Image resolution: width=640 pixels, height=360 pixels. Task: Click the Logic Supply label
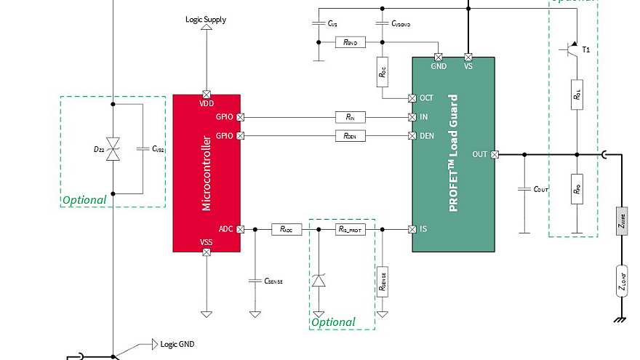pos(206,20)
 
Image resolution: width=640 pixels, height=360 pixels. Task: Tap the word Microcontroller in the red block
pos(206,172)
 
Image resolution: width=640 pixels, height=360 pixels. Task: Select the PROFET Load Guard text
pos(453,153)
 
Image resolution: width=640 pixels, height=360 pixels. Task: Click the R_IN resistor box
pos(351,116)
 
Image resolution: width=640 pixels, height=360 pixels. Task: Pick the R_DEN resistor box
pos(351,135)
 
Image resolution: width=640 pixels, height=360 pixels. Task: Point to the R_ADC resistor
pos(286,229)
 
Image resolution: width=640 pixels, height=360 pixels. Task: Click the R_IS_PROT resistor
pos(350,229)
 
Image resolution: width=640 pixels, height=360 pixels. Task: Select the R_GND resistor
pos(350,42)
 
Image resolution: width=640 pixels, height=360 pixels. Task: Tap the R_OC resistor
pos(382,72)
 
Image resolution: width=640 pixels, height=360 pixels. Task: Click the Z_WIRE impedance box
pos(623,221)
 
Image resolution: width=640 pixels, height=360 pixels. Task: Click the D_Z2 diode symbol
pos(113,148)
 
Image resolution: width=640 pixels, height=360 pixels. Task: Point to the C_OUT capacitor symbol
pos(523,189)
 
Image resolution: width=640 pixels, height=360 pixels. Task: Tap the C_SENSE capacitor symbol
pos(255,280)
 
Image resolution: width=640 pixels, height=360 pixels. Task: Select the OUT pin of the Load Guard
pos(495,154)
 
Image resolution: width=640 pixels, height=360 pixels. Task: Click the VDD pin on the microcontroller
pos(207,94)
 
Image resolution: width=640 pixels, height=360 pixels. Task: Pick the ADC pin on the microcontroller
pos(241,229)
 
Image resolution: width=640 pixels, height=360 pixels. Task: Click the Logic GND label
pos(177,344)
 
